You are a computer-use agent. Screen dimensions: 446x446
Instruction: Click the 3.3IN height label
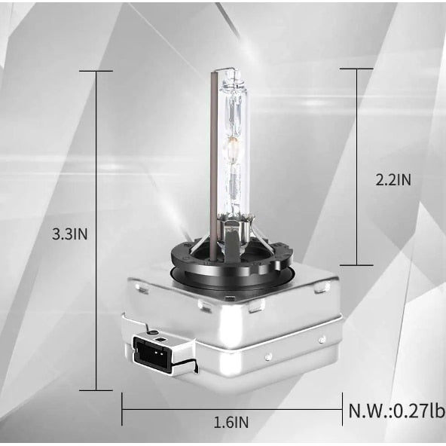pyautogui.click(x=69, y=234)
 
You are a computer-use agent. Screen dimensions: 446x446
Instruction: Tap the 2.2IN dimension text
pyautogui.click(x=393, y=180)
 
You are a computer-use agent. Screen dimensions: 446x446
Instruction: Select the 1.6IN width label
pyautogui.click(x=231, y=422)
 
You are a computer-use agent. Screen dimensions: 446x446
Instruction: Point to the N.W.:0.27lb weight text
pyautogui.click(x=397, y=411)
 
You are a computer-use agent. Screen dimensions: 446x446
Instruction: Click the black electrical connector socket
pyautogui.click(x=150, y=353)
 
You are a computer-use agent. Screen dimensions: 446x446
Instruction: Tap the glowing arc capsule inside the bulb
pyautogui.click(x=233, y=148)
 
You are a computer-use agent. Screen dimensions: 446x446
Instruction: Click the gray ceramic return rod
pyautogui.click(x=214, y=165)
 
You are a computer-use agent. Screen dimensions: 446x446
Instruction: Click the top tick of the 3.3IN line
pyautogui.click(x=96, y=71)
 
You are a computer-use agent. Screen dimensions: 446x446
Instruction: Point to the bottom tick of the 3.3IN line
pyautogui.click(x=96, y=390)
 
